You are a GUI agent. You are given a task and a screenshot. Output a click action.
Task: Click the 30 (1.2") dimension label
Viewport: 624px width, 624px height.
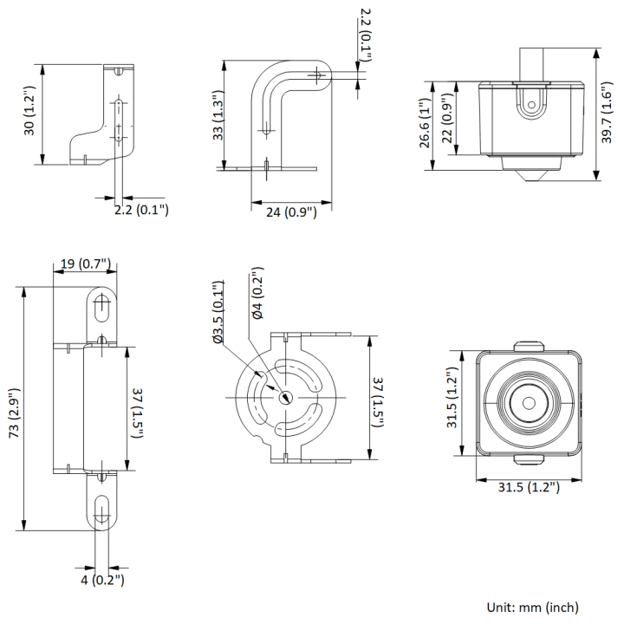29,111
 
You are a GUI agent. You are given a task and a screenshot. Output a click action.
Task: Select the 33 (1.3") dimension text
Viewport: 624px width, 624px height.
218,115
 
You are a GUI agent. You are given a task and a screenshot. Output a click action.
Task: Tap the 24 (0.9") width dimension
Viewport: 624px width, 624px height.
291,212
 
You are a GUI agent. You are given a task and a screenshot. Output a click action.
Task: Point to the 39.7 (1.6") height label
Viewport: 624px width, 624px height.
607,113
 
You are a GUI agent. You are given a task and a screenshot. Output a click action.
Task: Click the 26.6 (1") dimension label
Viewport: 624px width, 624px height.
425,123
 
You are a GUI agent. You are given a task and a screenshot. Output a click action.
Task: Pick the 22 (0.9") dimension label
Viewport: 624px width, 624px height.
447,118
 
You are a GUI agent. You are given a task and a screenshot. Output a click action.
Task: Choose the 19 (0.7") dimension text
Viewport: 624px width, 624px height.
85,263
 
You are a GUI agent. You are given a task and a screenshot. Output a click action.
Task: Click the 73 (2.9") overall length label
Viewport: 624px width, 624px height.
14,413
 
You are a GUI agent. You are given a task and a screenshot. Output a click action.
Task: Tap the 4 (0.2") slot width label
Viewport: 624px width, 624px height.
102,580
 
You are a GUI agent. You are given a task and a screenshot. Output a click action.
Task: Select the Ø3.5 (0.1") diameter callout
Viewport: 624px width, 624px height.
218,312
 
